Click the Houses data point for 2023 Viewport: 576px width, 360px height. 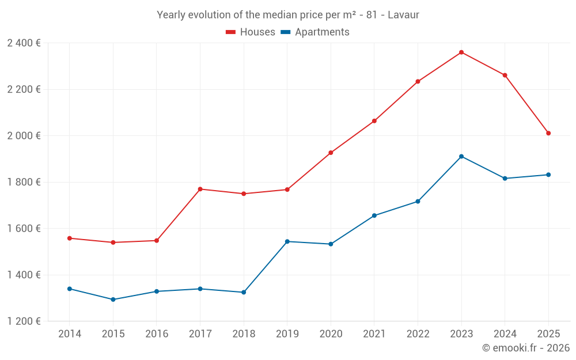461,52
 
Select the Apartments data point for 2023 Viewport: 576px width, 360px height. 461,157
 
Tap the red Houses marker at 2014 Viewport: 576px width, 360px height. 70,238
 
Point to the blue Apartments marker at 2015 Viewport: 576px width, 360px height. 113,300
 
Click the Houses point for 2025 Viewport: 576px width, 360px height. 548,133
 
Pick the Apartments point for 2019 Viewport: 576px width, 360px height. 287,241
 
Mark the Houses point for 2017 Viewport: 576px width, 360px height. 200,189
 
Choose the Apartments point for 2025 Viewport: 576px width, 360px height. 548,175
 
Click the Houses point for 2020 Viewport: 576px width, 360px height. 331,153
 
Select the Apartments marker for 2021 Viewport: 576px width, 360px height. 374,215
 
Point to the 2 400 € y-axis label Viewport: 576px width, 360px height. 24,43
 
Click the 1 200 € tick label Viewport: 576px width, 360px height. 24,321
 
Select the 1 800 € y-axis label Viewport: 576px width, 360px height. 24,182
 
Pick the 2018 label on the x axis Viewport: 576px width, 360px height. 243,334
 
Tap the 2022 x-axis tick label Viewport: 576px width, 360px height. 418,334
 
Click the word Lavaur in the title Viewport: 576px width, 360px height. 403,14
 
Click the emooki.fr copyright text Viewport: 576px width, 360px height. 525,348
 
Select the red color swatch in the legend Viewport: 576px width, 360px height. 231,32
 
